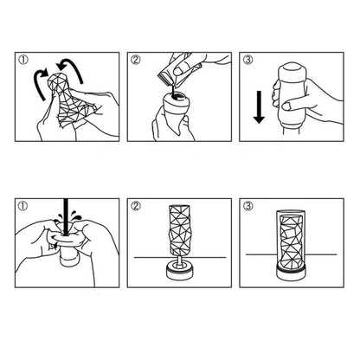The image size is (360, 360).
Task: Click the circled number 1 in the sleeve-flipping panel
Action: (23, 61)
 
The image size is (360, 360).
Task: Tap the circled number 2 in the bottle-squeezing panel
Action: (137, 61)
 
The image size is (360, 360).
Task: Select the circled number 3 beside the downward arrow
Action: (247, 61)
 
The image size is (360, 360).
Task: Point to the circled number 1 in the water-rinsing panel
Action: (23, 207)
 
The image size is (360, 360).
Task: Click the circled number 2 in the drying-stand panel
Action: (137, 207)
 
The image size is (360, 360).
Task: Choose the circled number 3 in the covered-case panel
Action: (247, 207)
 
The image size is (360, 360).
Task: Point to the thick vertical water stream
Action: (62, 217)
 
